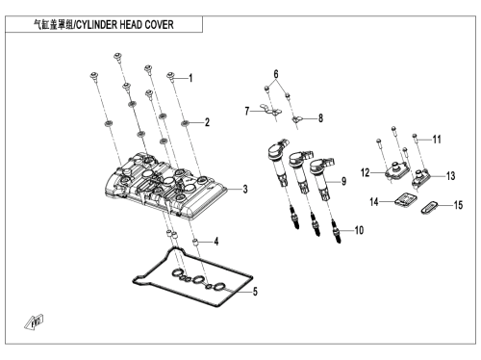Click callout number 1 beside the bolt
pos(190,78)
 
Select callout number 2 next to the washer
pos(207,122)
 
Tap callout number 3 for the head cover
pos(245,189)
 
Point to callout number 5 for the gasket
pos(255,292)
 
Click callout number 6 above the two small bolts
pos(276,74)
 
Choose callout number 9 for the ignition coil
pos(343,181)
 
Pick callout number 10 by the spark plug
pos(359,230)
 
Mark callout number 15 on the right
pos(459,205)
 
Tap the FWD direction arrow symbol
pos(34,322)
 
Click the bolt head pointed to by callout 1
pos(170,76)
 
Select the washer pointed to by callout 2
pos(185,122)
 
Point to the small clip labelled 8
pos(296,119)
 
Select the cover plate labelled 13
pos(421,177)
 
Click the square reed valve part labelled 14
pos(406,199)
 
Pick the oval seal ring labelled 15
pos(430,207)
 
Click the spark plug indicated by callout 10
pos(336,230)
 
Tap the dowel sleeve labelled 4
pos(194,242)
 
